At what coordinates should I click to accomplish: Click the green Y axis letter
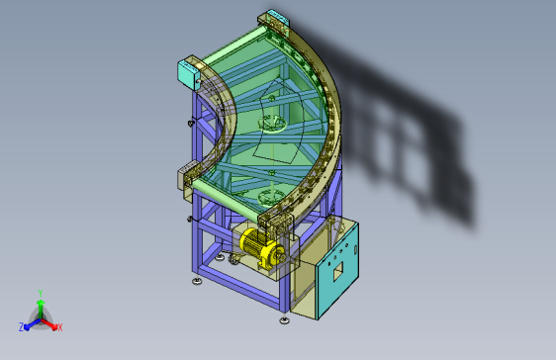41,293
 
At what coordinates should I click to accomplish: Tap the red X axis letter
60,327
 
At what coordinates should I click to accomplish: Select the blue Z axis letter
22,327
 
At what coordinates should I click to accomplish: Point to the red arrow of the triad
49,323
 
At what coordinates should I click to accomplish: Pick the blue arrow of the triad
33,324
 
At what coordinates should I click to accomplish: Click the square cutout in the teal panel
338,271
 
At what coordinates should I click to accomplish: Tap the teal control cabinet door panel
337,271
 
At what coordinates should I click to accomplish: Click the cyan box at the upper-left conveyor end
188,73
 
